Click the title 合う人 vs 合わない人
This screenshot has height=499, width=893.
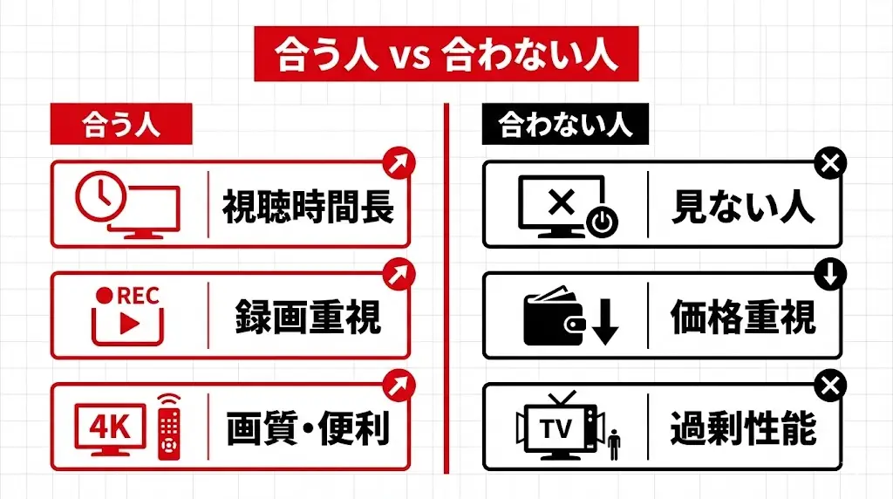click(x=446, y=54)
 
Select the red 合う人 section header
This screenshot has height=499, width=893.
click(x=120, y=126)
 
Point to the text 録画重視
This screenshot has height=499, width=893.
click(x=308, y=316)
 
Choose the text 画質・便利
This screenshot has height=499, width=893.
click(x=308, y=427)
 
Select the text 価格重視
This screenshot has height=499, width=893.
click(x=743, y=316)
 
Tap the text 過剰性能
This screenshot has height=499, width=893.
click(x=743, y=427)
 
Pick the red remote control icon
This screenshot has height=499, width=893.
click(x=169, y=427)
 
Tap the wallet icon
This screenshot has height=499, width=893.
click(x=555, y=319)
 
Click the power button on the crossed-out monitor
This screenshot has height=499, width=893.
click(x=601, y=222)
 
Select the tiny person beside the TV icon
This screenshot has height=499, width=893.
click(x=614, y=444)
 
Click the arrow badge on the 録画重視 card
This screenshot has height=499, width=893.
click(x=399, y=273)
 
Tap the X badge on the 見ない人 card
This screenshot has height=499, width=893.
click(x=830, y=163)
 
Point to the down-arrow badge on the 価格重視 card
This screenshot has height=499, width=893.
click(x=830, y=274)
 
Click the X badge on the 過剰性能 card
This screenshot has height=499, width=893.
click(x=830, y=385)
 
